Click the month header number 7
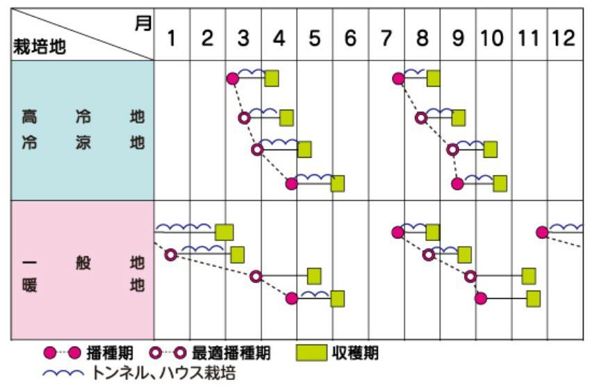386,38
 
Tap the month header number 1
171,38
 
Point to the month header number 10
493,38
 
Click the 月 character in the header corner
142,24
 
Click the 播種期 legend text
110,353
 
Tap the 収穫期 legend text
356,353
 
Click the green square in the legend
313,353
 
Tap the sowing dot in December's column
542,232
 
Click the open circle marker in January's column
170,255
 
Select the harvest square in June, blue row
337,183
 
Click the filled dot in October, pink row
480,299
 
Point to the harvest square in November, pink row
533,299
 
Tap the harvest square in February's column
237,255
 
